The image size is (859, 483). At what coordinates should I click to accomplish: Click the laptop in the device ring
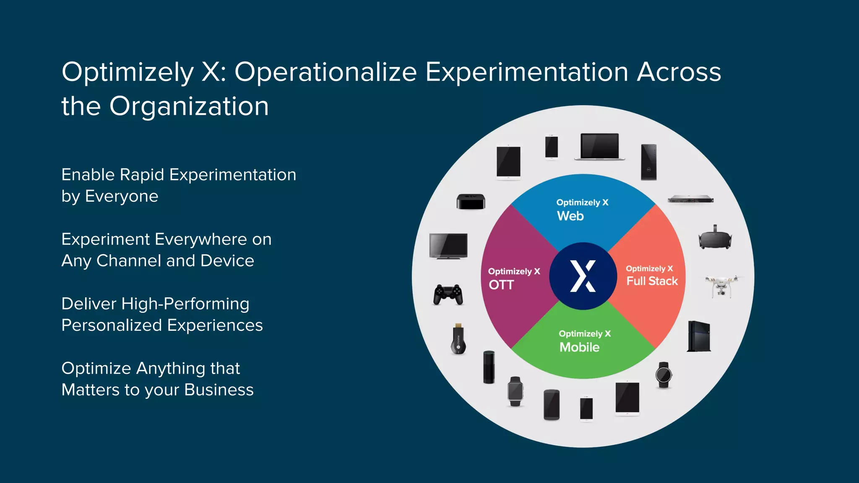tap(599, 147)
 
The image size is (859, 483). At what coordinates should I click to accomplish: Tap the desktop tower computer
tap(648, 162)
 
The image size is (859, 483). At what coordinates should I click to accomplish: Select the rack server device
tap(690, 199)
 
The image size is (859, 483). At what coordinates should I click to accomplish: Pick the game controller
tap(448, 294)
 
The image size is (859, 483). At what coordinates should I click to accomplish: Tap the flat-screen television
tap(448, 246)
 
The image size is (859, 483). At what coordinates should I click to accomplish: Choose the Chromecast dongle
tap(458, 340)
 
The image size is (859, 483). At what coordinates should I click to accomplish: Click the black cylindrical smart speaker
tap(489, 367)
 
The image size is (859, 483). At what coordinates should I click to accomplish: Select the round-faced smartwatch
tap(664, 374)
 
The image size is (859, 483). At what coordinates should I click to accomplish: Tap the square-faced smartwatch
tap(515, 391)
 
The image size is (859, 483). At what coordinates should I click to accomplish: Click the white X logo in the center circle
tap(583, 276)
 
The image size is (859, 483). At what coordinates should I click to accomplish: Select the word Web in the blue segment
tap(570, 216)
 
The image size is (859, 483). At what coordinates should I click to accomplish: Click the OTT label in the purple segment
tap(501, 285)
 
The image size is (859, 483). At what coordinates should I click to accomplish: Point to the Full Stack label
tap(652, 281)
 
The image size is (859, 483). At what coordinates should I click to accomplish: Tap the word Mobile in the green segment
tap(579, 347)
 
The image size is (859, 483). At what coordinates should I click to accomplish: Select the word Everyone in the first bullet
tap(122, 196)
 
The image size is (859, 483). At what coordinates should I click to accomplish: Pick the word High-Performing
tap(185, 304)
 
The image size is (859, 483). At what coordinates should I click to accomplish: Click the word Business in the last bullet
tap(219, 390)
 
